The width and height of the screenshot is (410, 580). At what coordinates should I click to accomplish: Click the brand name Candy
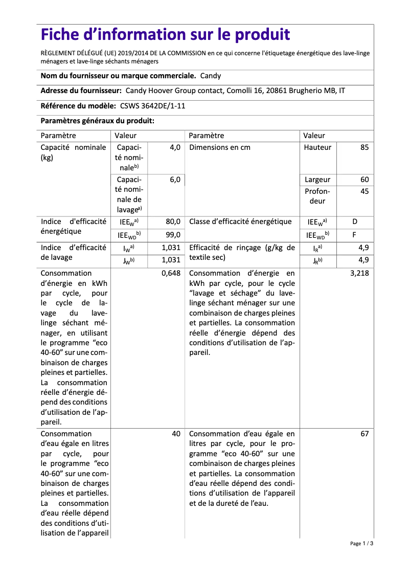point(210,76)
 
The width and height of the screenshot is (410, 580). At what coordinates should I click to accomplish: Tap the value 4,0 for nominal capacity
point(175,147)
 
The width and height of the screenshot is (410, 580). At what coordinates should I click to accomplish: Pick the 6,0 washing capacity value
point(175,180)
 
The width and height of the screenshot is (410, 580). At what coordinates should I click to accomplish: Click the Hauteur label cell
point(317,147)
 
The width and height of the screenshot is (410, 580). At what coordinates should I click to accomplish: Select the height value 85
point(364,147)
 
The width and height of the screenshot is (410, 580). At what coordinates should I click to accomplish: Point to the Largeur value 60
point(364,180)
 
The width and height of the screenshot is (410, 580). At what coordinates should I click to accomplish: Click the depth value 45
point(364,191)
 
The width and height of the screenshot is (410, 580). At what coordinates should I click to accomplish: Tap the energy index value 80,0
point(172,222)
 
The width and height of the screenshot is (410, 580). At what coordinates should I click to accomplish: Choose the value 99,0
point(172,235)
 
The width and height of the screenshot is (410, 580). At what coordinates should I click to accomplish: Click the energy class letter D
point(355,222)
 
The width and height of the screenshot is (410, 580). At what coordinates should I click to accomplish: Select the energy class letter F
point(354,235)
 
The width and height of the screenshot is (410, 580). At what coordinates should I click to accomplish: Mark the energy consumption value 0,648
point(171,273)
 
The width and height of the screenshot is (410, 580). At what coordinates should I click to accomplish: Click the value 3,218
point(359,273)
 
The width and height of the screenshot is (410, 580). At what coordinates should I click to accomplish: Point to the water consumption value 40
point(176,434)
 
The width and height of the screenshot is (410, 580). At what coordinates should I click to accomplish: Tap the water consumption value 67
point(364,434)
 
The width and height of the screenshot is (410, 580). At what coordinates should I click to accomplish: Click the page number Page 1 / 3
point(361,544)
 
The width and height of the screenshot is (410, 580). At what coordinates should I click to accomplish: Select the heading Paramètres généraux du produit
point(98,121)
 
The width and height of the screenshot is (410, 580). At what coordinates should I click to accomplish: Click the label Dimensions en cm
point(220,147)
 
